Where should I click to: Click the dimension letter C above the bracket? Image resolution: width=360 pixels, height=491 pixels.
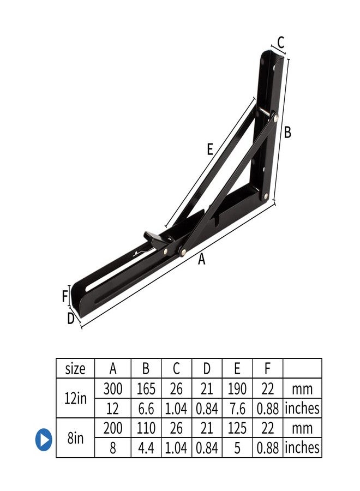click(280, 42)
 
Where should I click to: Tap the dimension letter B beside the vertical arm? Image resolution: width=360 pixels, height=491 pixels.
click(287, 133)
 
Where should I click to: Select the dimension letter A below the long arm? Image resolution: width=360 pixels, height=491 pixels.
click(202, 260)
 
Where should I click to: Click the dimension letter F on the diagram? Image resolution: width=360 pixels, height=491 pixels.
click(64, 297)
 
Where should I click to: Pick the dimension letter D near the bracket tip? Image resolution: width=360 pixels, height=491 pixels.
click(70, 319)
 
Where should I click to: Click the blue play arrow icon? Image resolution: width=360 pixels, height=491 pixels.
click(44, 439)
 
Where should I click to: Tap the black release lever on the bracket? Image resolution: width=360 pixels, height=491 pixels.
click(155, 237)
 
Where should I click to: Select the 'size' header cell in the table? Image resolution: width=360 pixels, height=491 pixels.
click(75, 369)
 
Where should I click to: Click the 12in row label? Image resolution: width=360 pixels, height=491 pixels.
click(75, 398)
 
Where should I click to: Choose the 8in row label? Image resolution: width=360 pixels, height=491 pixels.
click(75, 438)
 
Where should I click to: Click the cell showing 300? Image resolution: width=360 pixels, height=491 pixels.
click(113, 389)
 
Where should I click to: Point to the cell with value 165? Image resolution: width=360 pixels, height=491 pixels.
click(146, 389)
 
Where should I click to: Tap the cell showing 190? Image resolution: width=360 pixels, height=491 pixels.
click(237, 389)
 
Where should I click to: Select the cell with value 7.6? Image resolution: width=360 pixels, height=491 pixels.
click(237, 408)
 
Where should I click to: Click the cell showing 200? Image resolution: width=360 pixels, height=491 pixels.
click(113, 428)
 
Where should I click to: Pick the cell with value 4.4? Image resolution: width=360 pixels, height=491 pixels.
click(146, 448)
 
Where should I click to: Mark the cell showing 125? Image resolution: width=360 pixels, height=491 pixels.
click(237, 428)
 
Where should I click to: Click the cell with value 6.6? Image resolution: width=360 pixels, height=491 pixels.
click(146, 408)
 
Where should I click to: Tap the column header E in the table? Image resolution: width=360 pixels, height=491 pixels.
click(237, 369)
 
